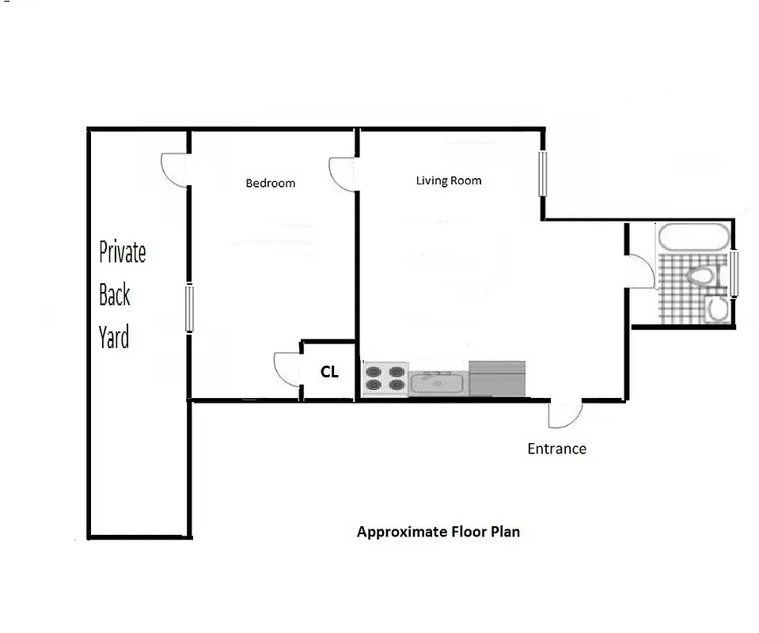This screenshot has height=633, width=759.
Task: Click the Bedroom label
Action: [270, 184]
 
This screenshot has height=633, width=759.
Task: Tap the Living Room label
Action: [449, 180]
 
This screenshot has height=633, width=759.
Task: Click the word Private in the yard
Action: [123, 252]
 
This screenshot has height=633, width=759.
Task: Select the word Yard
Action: [114, 338]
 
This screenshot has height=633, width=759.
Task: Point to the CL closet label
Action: [329, 371]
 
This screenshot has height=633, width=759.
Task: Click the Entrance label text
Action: [556, 449]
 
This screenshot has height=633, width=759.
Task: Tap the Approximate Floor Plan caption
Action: [438, 532]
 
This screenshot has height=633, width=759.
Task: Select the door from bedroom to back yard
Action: [175, 169]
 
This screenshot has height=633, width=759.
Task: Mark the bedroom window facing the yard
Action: [189, 308]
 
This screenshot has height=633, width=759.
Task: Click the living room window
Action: [543, 173]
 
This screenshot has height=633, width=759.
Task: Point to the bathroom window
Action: [734, 274]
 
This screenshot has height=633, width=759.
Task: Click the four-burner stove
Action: [385, 378]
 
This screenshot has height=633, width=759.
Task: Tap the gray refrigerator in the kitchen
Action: [497, 378]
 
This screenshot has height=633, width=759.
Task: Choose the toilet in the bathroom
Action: [700, 276]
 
